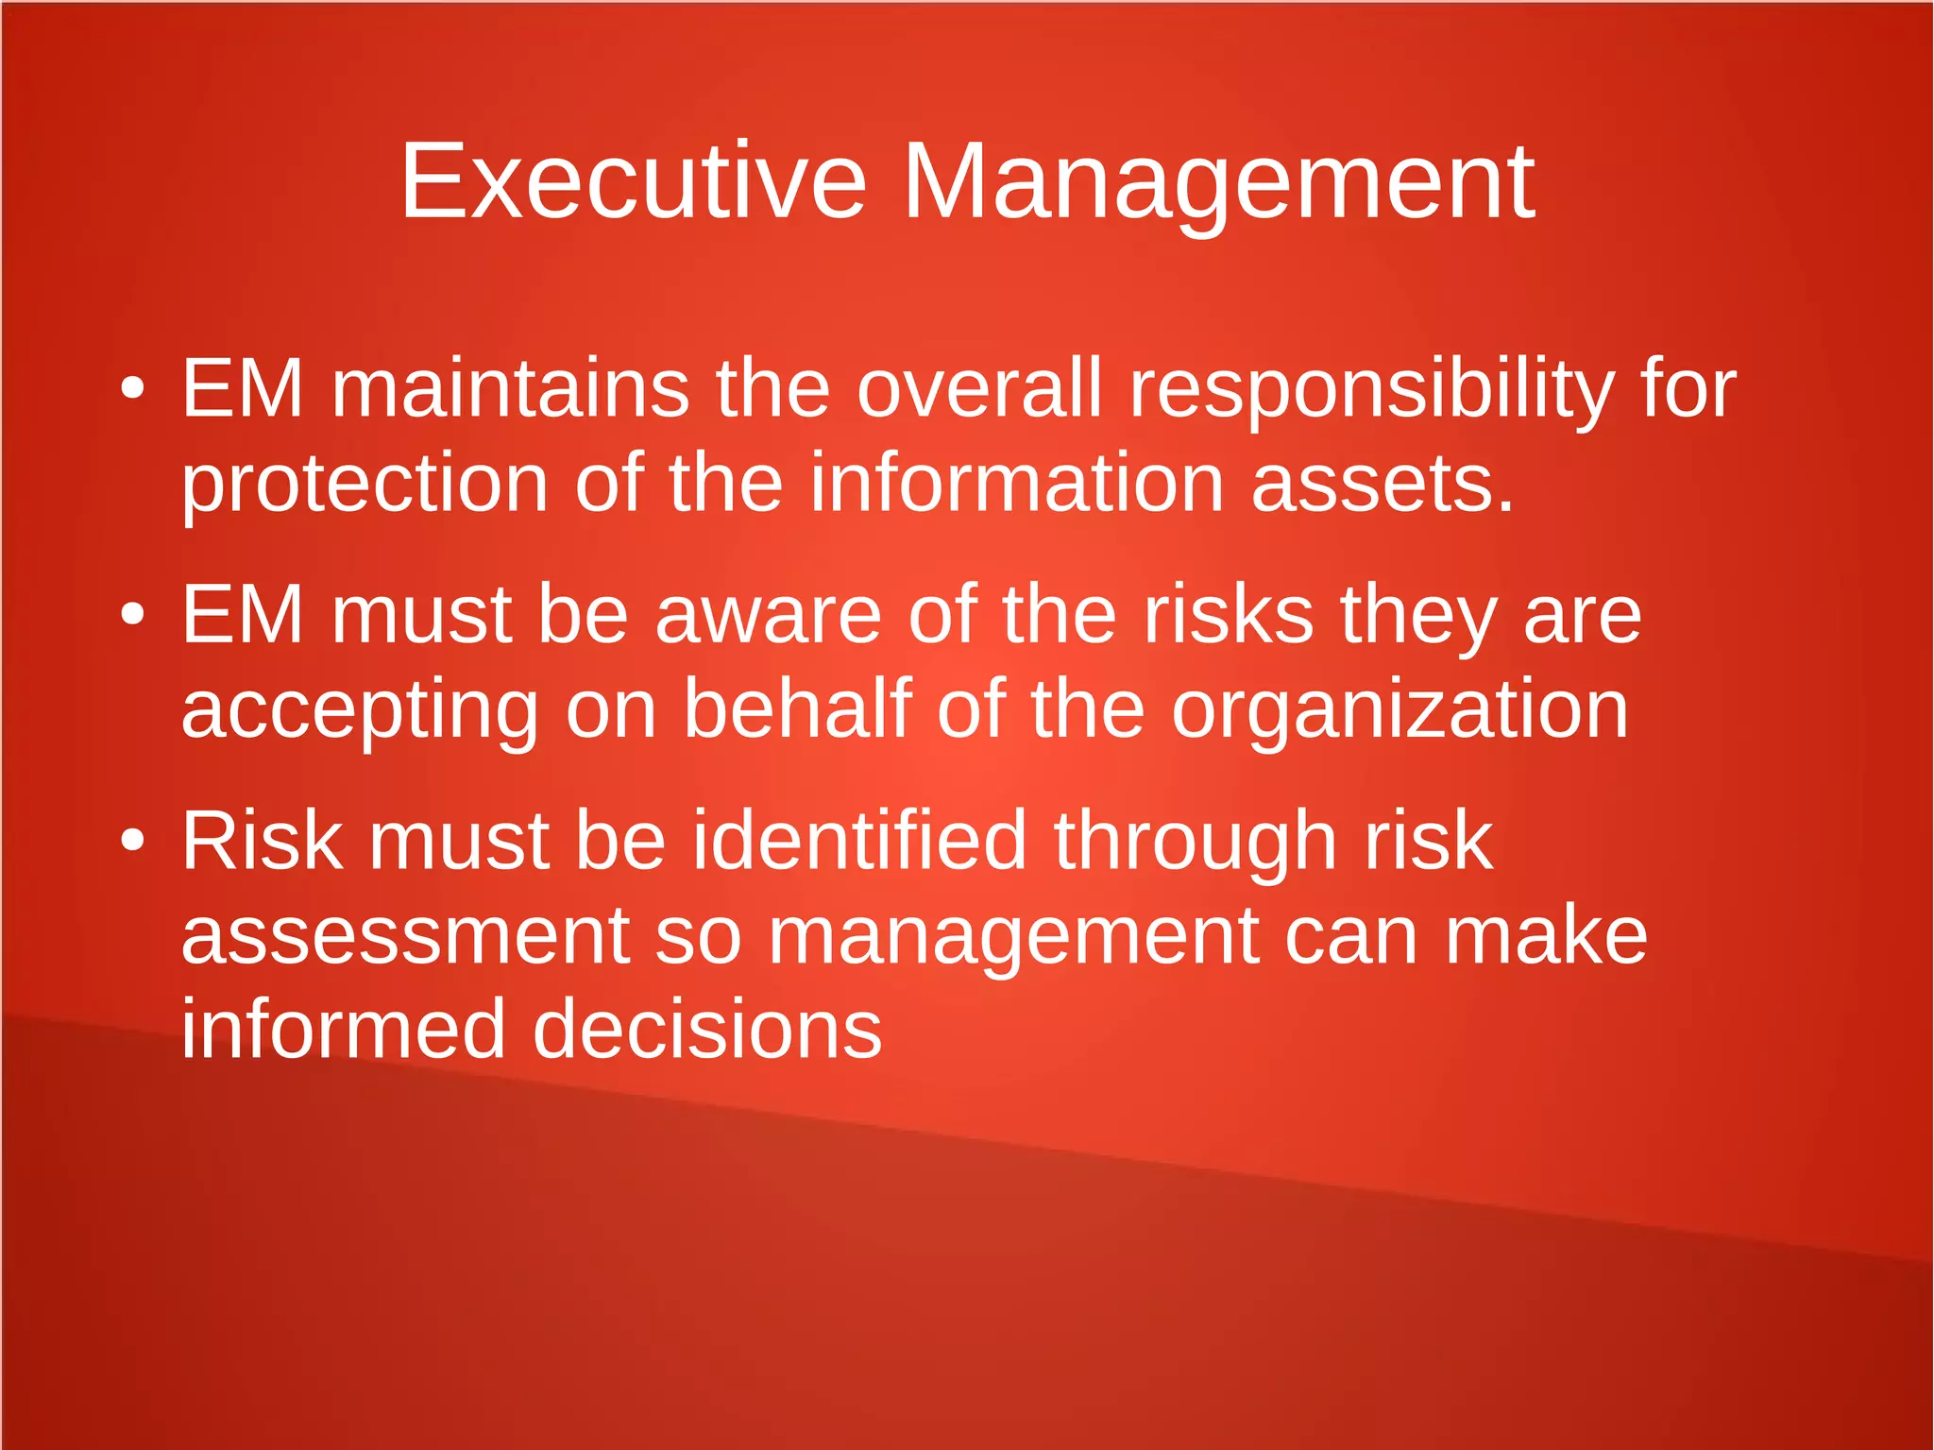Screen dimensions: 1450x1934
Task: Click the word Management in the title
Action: (x=1218, y=181)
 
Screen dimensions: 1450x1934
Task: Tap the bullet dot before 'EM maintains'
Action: (x=133, y=388)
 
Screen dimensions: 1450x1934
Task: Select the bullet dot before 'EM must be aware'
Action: (x=133, y=615)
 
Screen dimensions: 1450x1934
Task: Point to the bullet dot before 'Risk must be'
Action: (x=133, y=840)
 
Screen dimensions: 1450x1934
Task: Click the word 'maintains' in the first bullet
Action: (x=510, y=388)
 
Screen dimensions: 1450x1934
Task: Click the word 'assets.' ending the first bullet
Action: (x=1383, y=485)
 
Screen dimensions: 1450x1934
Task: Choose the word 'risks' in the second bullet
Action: (x=1228, y=615)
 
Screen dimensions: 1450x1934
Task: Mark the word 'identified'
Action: (x=858, y=840)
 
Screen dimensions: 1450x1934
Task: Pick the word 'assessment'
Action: (x=405, y=935)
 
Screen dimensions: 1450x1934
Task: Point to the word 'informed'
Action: (x=343, y=1029)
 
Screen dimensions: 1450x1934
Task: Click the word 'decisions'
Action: (x=707, y=1029)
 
